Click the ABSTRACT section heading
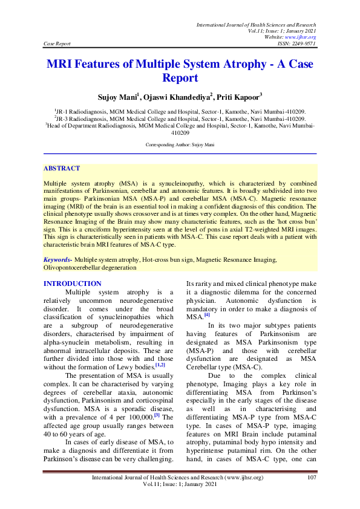pos(62,168)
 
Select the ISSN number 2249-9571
pos(304,44)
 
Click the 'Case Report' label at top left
pos(57,44)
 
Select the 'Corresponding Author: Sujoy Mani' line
pos(180,145)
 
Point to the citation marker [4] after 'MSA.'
pos(207,315)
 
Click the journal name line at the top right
pos(256,24)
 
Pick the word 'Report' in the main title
pos(180,78)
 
